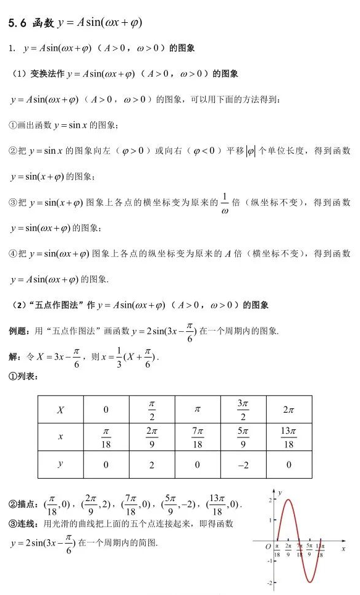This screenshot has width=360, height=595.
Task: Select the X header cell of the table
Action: click(61, 409)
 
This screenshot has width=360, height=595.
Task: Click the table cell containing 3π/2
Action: click(243, 409)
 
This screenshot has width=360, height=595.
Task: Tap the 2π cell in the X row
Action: click(288, 409)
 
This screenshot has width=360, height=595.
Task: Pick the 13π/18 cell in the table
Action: click(288, 437)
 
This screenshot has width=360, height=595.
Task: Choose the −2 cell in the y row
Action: click(243, 465)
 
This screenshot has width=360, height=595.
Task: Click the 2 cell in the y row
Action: click(152, 465)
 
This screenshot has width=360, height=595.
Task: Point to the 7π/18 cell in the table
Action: click(198, 437)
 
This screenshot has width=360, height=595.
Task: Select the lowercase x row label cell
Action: click(61, 437)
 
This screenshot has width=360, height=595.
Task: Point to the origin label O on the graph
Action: click(267, 547)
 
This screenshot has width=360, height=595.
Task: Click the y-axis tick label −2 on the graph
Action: click(270, 582)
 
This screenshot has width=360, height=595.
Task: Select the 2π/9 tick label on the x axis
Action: click(288, 550)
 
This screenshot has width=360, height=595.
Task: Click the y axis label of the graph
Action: click(280, 492)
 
